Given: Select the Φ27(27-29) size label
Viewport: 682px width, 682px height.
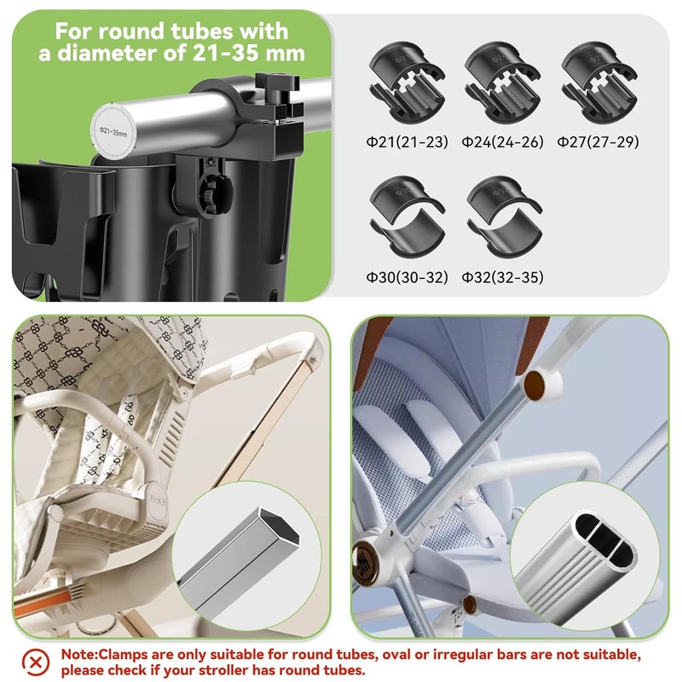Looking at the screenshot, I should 598,142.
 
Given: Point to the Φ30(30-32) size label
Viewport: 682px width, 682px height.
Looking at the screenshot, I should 407,277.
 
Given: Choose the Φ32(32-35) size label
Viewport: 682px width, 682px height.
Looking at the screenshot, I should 502,277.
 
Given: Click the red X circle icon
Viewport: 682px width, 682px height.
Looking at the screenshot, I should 35,661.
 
